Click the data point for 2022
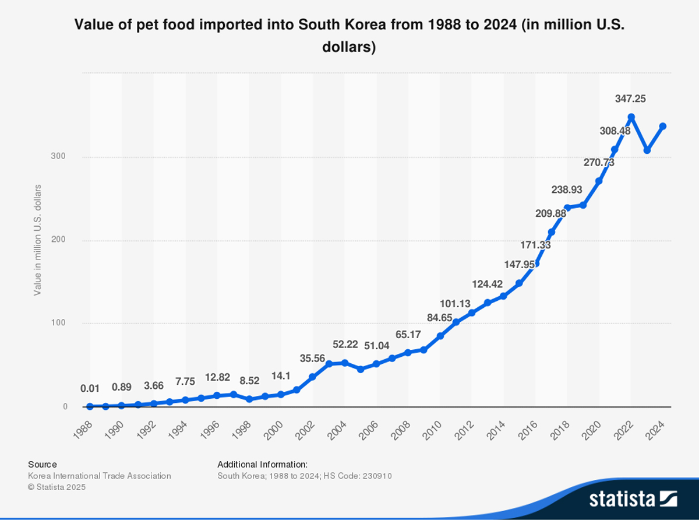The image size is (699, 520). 631,117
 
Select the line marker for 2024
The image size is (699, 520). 663,127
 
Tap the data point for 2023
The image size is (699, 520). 647,150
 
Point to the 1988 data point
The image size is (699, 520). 90,406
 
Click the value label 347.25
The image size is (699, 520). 630,99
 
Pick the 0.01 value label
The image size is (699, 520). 90,388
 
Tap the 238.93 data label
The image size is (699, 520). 567,189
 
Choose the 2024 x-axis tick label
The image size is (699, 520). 656,432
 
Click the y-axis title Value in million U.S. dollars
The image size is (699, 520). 38,240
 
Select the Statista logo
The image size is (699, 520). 632,499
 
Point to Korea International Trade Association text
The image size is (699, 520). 100,476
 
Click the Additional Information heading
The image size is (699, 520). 262,465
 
